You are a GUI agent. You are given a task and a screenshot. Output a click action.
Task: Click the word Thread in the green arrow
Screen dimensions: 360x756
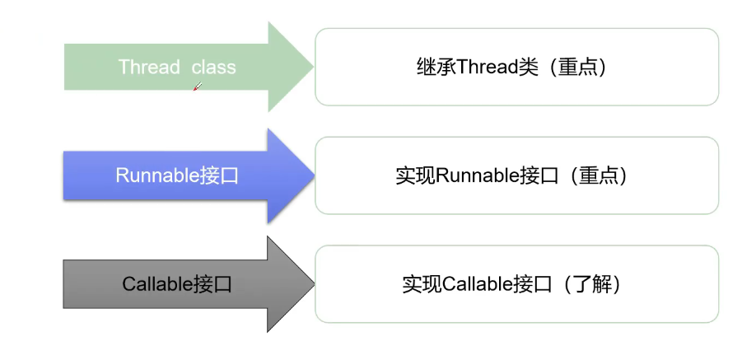(x=149, y=67)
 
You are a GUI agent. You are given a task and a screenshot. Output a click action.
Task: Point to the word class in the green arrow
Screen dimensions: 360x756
(x=214, y=67)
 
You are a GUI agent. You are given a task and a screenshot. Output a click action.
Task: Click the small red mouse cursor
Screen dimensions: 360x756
(x=196, y=86)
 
